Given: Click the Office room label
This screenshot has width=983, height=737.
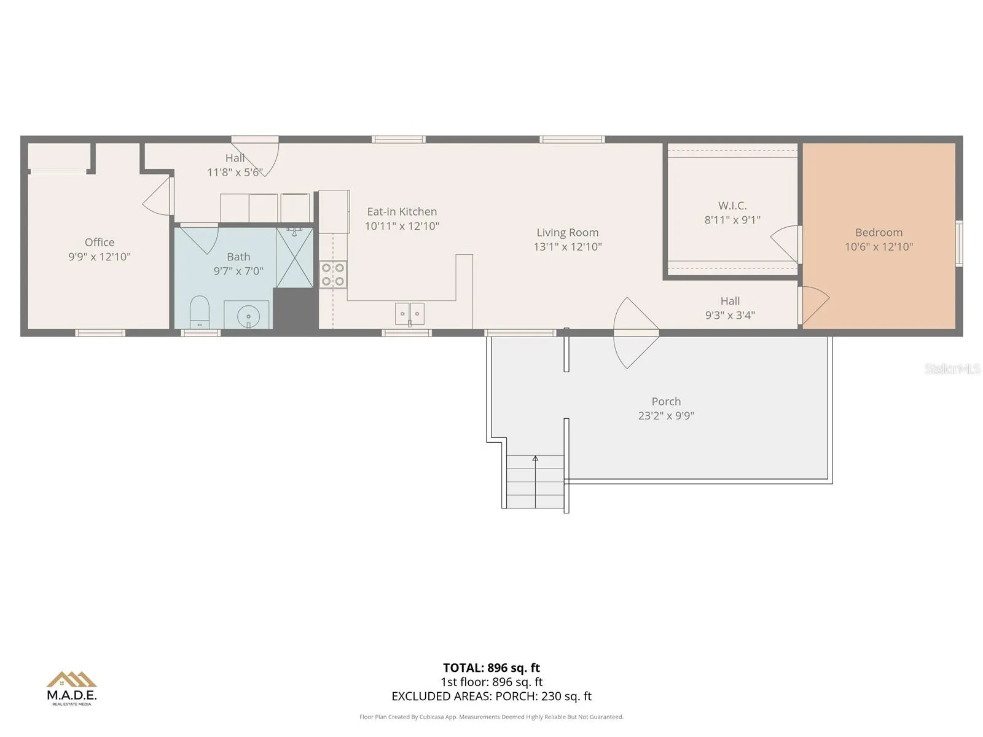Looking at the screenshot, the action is tap(100, 242).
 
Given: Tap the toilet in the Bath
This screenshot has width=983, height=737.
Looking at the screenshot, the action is tap(199, 312).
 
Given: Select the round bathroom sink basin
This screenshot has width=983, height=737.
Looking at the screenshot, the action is tap(248, 316).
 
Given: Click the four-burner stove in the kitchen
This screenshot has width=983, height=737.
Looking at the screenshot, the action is tap(333, 275).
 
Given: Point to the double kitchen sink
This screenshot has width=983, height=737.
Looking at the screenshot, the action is tap(409, 314).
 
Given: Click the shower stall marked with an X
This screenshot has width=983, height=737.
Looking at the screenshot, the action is tap(294, 258).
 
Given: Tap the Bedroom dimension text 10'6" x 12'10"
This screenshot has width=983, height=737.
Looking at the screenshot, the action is tap(879, 246).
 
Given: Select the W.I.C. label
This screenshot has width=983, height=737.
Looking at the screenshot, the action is tap(732, 205).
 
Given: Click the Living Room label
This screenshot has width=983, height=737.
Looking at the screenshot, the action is tap(568, 232).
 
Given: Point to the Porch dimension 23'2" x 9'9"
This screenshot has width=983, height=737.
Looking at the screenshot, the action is tap(666, 416).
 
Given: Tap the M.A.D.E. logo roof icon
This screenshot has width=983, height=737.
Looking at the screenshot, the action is tap(72, 679).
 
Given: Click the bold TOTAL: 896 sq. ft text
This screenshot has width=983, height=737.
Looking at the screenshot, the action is tap(491, 668).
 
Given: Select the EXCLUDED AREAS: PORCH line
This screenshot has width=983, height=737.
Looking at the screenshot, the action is tap(491, 696).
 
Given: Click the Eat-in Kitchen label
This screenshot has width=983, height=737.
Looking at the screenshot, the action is tap(402, 212).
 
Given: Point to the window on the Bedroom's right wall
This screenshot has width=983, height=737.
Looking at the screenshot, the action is tap(959, 243).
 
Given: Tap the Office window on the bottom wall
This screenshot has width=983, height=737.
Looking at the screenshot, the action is tap(100, 332).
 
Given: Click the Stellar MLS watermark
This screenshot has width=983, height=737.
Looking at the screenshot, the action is tap(952, 368).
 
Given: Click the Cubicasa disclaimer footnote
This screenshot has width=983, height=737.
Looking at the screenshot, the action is tap(491, 717).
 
